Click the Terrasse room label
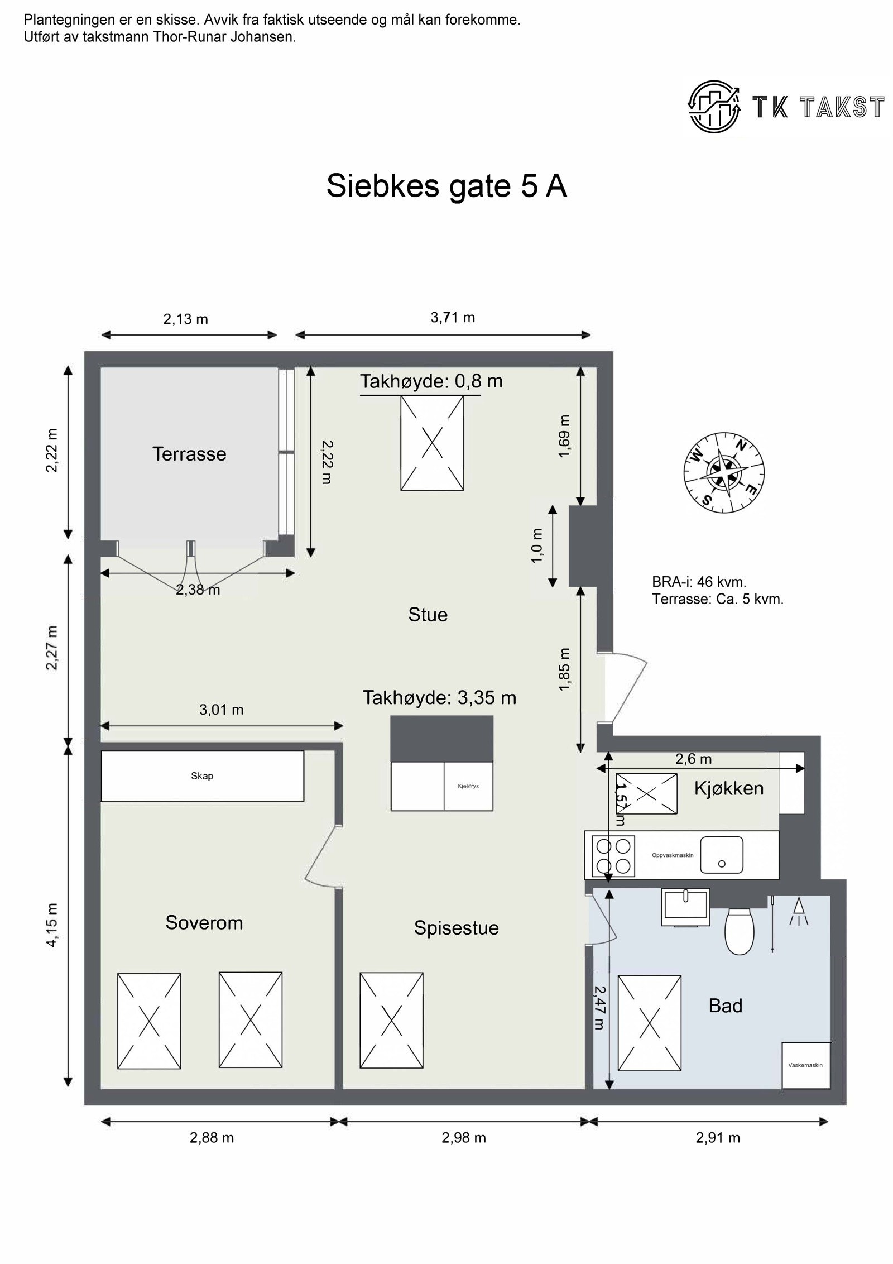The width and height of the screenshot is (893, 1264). coord(189,454)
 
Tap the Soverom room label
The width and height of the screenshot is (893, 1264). coord(204,922)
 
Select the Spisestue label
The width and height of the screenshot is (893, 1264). coord(456,927)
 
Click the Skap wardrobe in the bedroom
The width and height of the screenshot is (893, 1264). coord(202,776)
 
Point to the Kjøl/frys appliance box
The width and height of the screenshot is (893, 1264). coord(468,786)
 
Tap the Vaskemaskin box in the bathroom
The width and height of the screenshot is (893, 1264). coord(805,1065)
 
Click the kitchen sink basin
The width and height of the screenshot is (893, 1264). coord(721,855)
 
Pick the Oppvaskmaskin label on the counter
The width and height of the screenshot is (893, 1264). coord(672,855)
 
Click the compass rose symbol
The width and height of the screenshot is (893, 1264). coord(724,473)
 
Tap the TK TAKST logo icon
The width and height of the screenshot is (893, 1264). coord(714,106)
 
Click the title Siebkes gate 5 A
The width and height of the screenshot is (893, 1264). coord(446,186)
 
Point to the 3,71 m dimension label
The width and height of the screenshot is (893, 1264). coord(453,318)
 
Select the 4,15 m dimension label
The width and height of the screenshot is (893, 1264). coord(52,925)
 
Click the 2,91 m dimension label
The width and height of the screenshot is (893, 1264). coord(718,1138)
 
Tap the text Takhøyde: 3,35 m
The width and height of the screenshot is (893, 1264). coord(439,697)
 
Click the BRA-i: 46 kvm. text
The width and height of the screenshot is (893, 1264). coord(699,582)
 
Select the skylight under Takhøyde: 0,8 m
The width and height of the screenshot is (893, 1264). coord(432,443)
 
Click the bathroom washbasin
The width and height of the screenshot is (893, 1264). coord(685,907)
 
